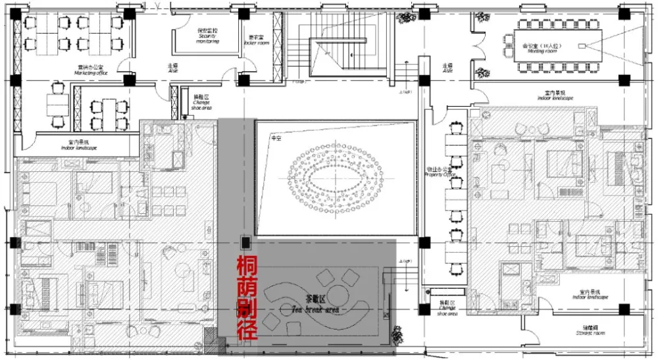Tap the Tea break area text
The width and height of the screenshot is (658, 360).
315,307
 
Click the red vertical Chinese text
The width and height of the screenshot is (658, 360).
247,297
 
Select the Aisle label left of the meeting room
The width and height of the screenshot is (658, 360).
447,68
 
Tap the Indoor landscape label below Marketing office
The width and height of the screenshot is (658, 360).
81,145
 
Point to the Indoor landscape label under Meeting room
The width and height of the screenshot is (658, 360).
555,95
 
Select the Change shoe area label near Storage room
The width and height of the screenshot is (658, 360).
447,307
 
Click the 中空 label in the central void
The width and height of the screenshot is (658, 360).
276,140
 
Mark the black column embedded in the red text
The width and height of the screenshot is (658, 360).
245,242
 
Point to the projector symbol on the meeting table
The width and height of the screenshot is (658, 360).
581,46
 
